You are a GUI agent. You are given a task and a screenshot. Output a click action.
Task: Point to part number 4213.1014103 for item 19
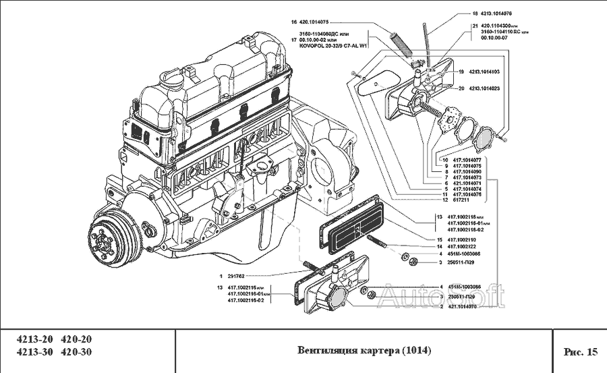coord(484,71)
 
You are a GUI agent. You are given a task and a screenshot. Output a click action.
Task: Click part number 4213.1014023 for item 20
coord(484,88)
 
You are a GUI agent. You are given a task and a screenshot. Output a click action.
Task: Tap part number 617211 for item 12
coord(460,200)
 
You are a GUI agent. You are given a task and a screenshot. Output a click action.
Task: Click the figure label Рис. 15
coord(580,351)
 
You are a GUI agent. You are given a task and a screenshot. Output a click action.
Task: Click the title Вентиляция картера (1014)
coord(364,351)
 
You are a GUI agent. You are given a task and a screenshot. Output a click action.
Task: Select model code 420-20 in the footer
coord(76,339)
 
